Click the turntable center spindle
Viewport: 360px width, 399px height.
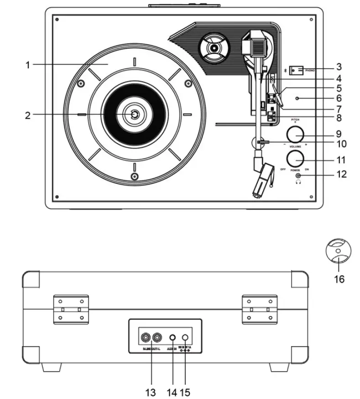point(134,115)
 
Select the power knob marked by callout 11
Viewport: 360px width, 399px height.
point(296,159)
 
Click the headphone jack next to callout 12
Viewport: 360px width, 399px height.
point(299,176)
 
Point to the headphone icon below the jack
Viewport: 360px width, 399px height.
point(299,182)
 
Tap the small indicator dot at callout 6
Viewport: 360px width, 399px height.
point(297,98)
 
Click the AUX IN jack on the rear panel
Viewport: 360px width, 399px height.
point(173,338)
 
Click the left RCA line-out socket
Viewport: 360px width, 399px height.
point(145,338)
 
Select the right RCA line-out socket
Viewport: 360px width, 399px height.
point(157,338)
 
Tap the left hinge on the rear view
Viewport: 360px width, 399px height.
point(70,310)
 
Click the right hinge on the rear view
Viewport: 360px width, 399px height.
point(259,310)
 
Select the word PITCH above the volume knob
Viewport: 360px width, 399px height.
point(295,119)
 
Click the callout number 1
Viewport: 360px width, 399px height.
point(27,65)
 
